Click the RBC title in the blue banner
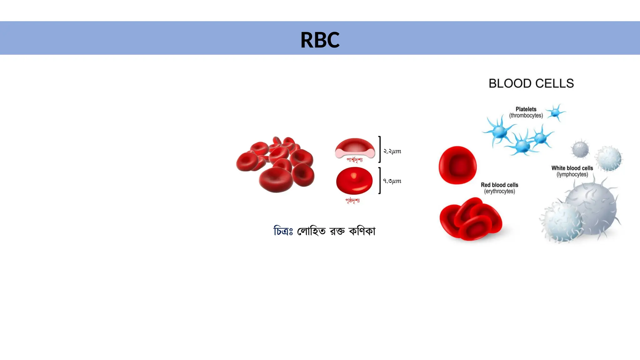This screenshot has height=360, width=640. coord(320,40)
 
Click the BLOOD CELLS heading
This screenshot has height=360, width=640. coord(531,83)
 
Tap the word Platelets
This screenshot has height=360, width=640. coord(526,109)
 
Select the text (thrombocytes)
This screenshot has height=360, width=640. coord(526,116)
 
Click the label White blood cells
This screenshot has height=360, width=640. coord(572,168)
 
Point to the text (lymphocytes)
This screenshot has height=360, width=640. coord(572,174)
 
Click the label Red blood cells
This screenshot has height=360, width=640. coord(499,185)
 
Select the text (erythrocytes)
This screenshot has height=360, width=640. coord(499,191)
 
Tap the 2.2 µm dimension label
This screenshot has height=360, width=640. coord(392,151)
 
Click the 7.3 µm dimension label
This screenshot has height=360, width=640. coord(392,181)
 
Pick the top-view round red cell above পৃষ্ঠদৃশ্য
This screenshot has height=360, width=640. coord(354,181)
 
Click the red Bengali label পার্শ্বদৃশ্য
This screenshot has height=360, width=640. coord(354,160)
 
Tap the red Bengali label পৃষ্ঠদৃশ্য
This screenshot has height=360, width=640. coord(352,200)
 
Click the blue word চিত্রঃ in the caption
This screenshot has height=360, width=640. coord(283,231)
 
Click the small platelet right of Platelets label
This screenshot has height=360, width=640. coord(555,112)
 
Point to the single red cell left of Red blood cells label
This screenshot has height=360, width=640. coord(457,165)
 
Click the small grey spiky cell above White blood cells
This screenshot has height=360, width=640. coord(580,149)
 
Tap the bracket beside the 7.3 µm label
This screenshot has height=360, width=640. coord(380,181)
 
